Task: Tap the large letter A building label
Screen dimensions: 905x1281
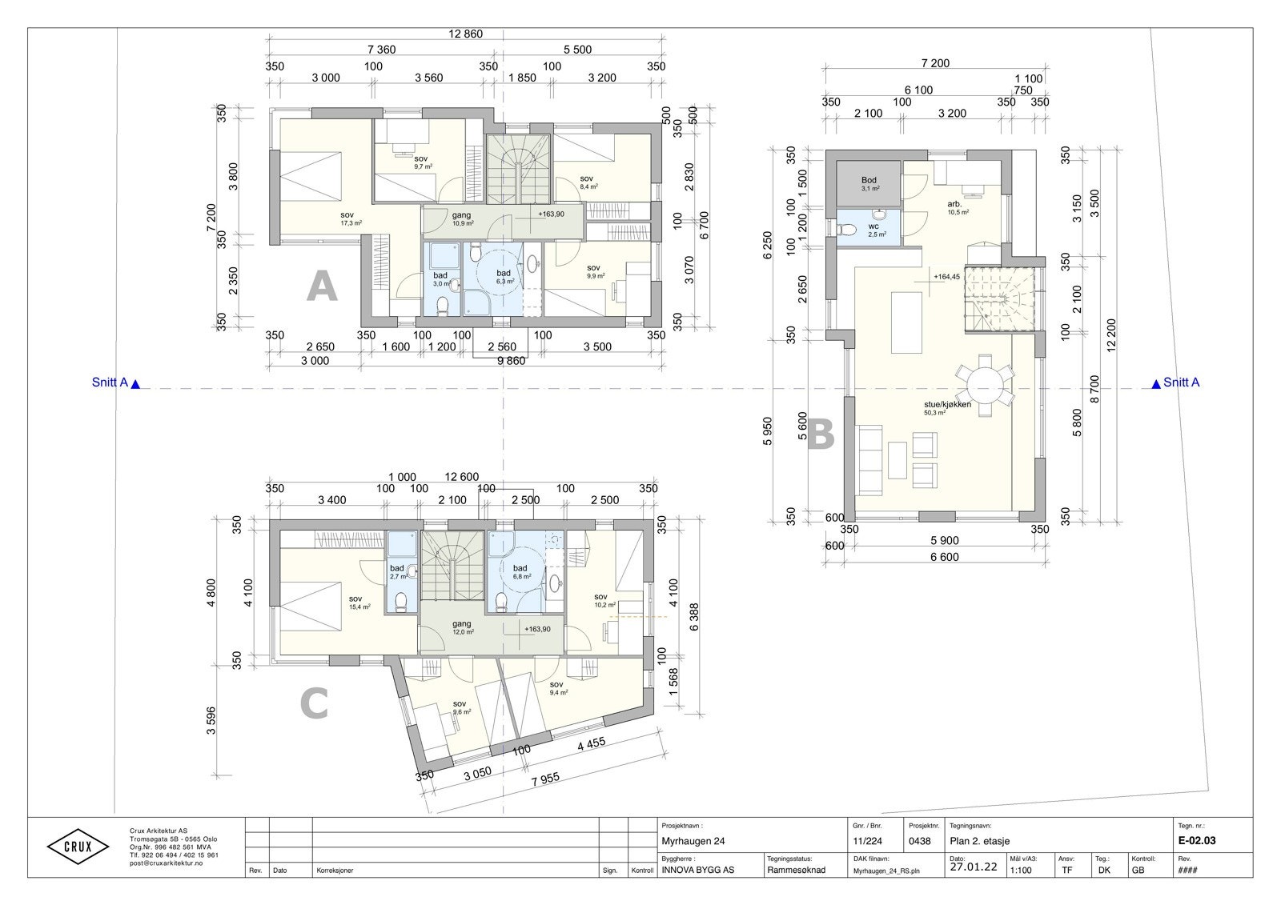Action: pos(322,286)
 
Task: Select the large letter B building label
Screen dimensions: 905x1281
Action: pos(820,436)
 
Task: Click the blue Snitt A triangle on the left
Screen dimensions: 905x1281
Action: pos(135,385)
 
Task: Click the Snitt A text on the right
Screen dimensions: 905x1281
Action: pos(1182,382)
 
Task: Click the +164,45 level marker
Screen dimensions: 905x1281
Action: pos(946,277)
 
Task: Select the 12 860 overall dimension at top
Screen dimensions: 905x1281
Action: pos(465,34)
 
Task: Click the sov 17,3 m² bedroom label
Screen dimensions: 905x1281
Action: pos(347,218)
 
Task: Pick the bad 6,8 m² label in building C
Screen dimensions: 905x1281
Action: pos(520,571)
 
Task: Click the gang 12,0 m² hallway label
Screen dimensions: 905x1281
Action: pos(462,627)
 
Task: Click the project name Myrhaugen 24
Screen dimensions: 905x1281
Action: pos(693,841)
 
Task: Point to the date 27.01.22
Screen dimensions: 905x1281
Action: pos(973,867)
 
